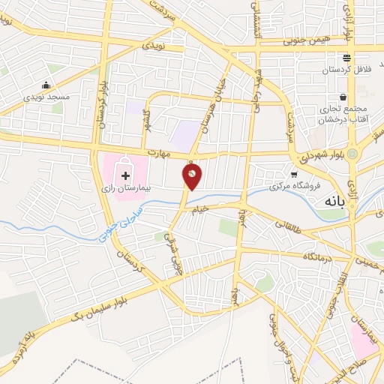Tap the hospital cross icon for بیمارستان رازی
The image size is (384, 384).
(x=124, y=174)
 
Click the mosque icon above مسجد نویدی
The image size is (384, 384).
(x=46, y=84)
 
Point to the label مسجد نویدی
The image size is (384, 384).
(x=46, y=97)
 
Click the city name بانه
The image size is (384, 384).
(x=334, y=202)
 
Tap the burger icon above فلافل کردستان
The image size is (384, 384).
(x=347, y=58)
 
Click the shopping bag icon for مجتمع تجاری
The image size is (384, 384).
(x=343, y=97)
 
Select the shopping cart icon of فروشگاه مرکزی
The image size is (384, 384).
(x=294, y=172)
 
